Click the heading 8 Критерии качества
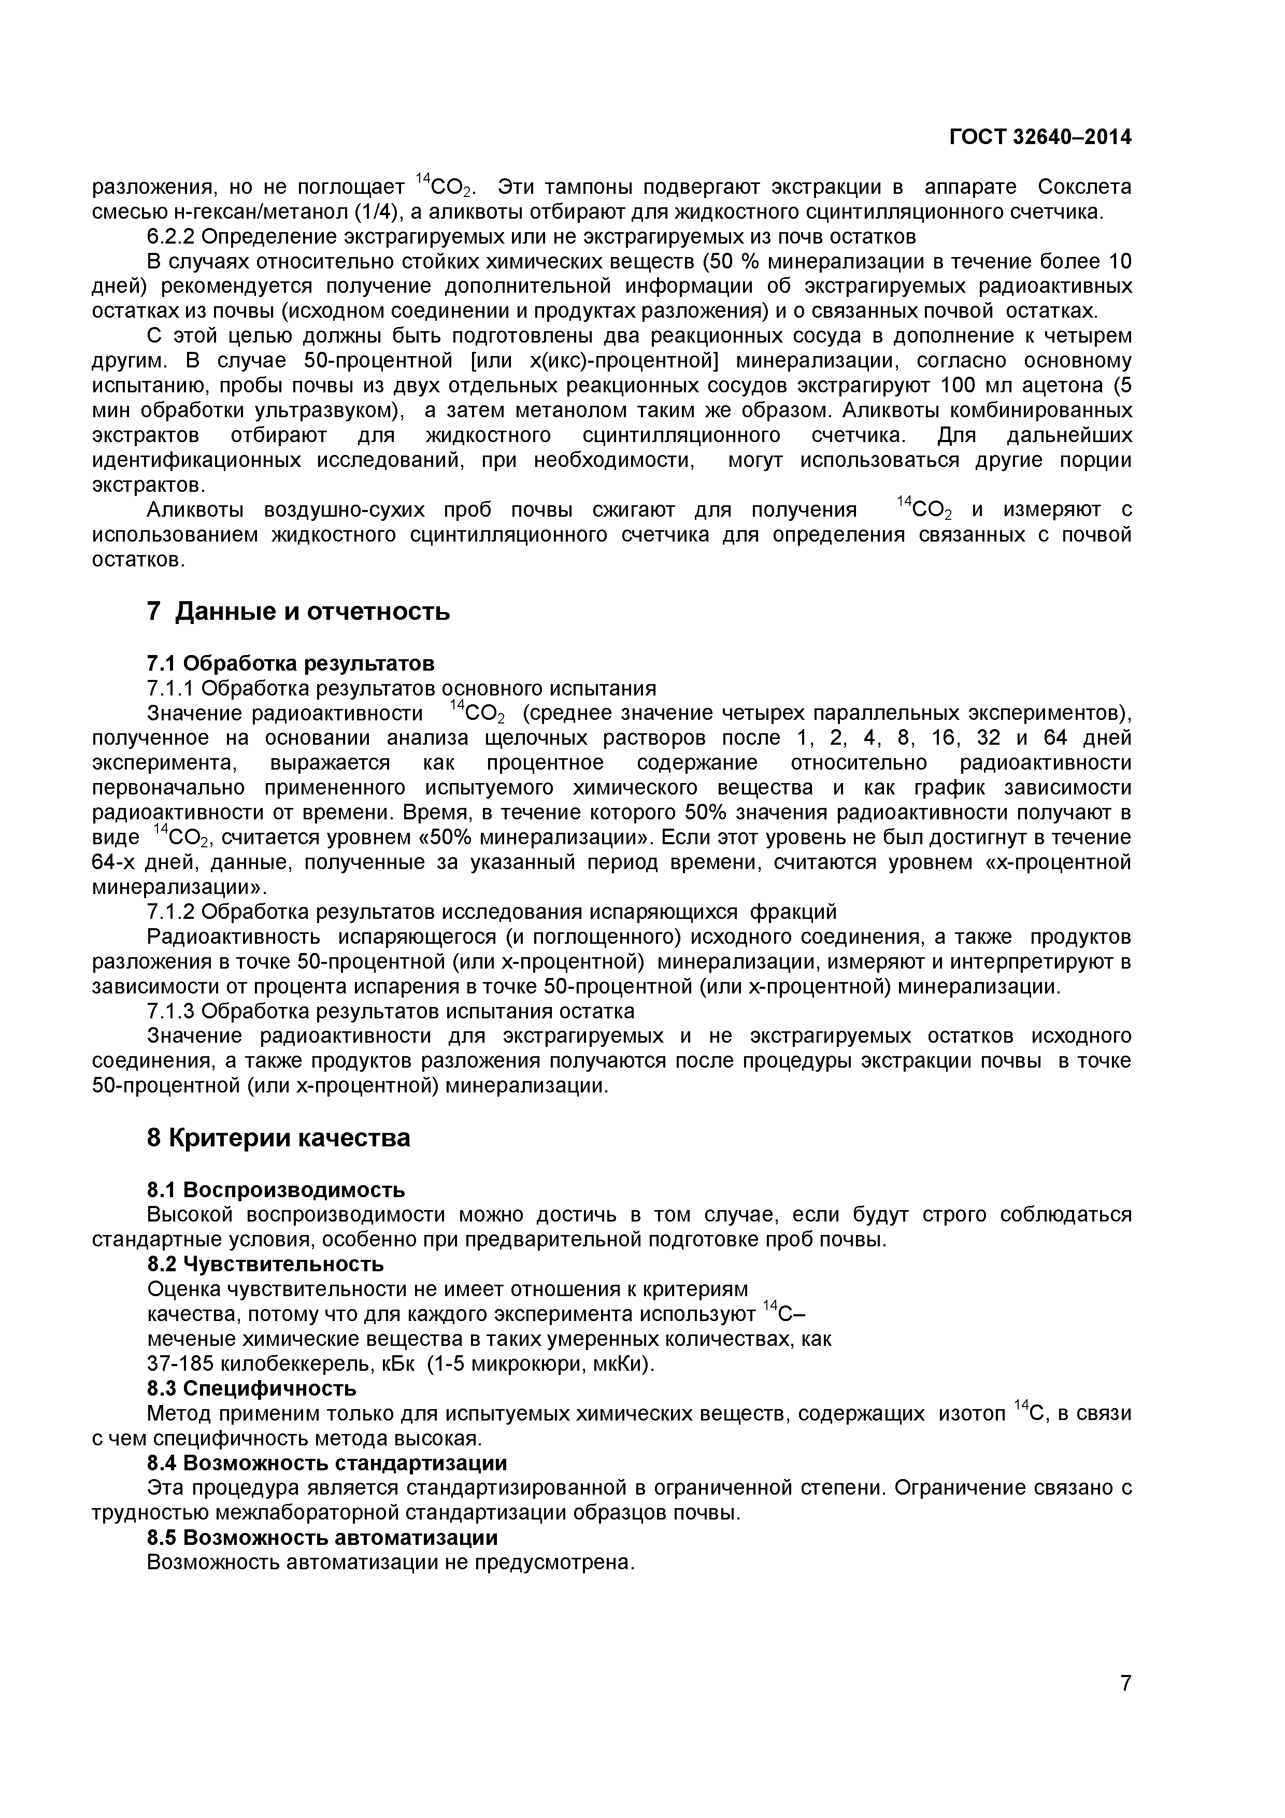[x=279, y=1138]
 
